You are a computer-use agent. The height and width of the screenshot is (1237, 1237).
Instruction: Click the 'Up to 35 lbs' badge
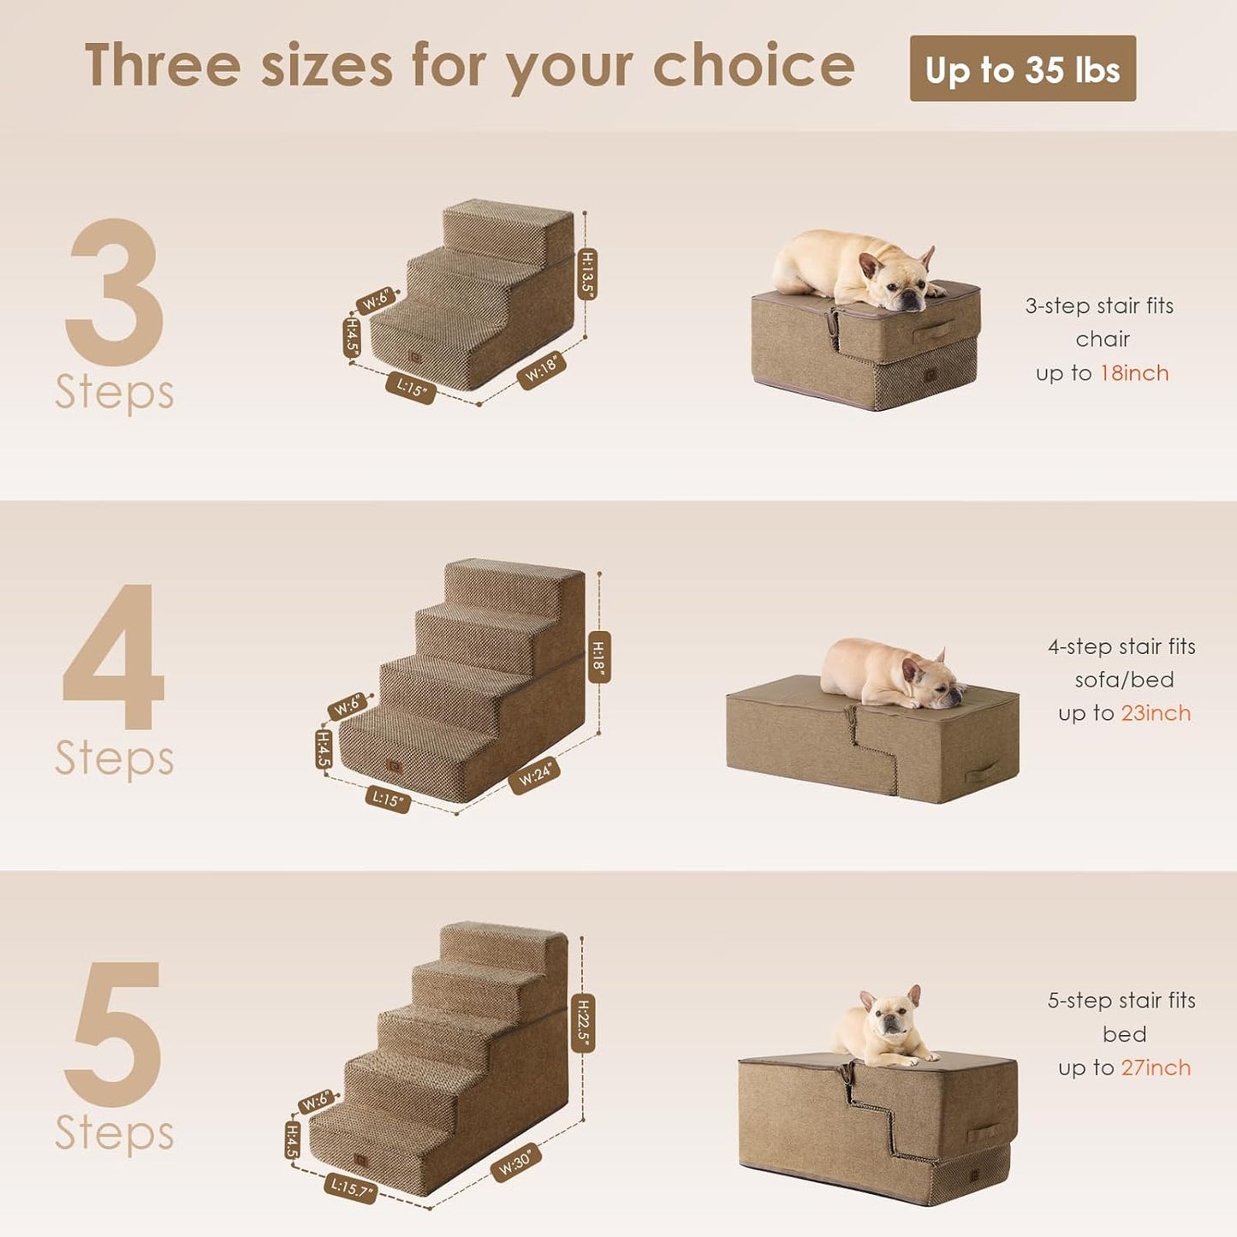coord(1022,69)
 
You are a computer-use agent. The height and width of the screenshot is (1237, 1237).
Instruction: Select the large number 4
coord(114,657)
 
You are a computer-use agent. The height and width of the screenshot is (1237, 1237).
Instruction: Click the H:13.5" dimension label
coord(588,274)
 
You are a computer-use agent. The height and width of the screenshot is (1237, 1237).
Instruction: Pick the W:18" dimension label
coord(541,370)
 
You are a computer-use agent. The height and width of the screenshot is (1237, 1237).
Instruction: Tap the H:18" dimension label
coord(598,657)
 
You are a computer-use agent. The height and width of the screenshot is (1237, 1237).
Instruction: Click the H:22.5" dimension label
coord(583,1023)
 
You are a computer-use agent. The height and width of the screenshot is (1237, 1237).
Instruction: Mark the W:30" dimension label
coord(515,1163)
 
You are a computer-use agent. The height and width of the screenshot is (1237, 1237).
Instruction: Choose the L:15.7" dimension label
coord(351,1187)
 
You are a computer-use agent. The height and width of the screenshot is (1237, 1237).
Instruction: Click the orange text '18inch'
coord(1134,373)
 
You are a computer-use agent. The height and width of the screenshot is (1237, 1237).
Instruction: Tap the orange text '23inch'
coord(1156,713)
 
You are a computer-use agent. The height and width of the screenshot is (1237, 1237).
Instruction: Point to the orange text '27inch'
coord(1156,1068)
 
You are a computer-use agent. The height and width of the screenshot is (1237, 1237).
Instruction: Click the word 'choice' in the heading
coord(753,66)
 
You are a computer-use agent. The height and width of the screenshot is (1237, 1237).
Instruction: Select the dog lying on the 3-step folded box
coord(856,268)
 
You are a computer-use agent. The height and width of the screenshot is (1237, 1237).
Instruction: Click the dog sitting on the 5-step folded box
coord(886,1027)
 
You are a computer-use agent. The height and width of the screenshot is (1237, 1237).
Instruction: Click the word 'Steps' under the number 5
coord(115,1133)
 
